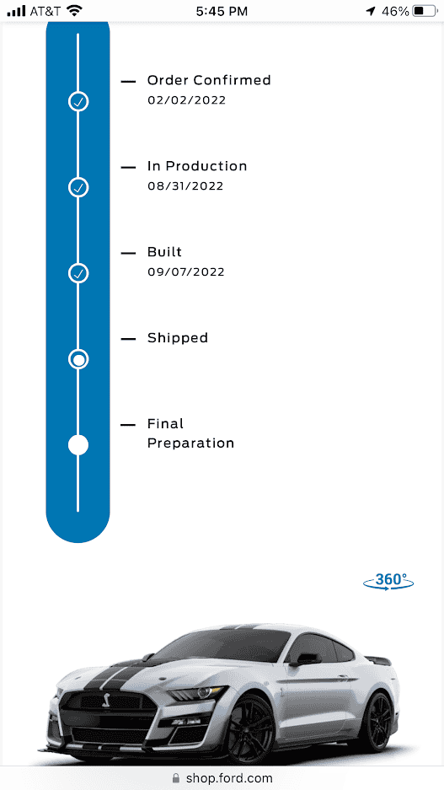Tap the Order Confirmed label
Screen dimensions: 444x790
[209, 80]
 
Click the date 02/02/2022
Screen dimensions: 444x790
[187, 100]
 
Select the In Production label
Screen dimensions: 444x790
[197, 166]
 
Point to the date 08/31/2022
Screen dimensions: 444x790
[185, 186]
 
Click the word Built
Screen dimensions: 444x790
[164, 252]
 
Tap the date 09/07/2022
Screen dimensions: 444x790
[186, 272]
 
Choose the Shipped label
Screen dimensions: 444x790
[178, 338]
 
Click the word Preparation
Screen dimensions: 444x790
[190, 443]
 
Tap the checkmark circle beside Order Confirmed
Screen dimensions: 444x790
[78, 102]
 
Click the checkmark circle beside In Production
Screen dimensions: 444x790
[78, 187]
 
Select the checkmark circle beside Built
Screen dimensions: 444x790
[78, 273]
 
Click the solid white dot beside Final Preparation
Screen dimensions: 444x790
[78, 445]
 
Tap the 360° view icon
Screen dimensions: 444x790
[388, 581]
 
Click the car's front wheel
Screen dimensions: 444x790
[250, 729]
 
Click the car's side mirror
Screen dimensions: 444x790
[305, 659]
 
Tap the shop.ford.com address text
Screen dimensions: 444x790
[229, 778]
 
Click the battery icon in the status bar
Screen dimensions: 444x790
[425, 11]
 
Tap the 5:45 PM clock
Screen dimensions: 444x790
[222, 11]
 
